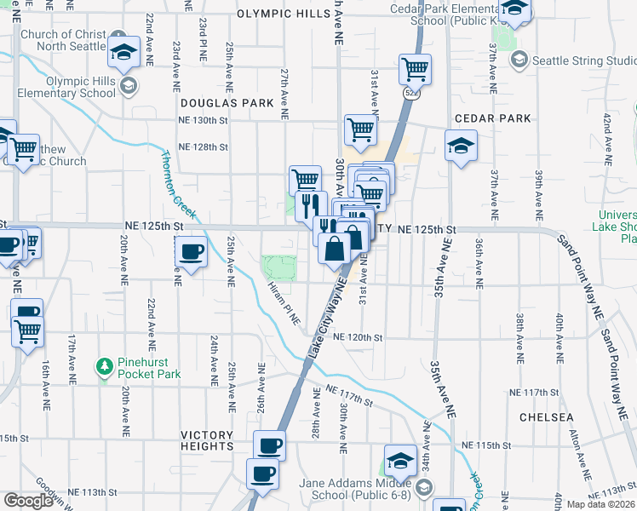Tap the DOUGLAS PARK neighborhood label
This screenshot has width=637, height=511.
227,103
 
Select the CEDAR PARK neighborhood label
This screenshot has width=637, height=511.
492,118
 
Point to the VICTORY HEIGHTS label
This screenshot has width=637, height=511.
207,440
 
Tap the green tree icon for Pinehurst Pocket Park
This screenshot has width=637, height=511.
105,366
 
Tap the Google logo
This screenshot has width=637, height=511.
28,501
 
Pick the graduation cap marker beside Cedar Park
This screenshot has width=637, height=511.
461,146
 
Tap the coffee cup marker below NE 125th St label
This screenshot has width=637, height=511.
191,252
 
